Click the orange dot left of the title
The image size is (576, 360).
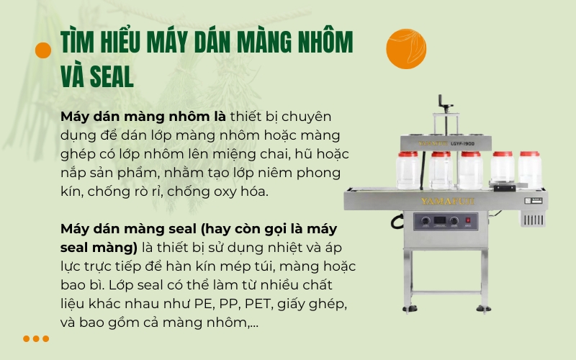click(x=43, y=50)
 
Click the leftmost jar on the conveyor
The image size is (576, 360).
click(x=408, y=170)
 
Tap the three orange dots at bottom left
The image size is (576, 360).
click(x=35, y=338)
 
